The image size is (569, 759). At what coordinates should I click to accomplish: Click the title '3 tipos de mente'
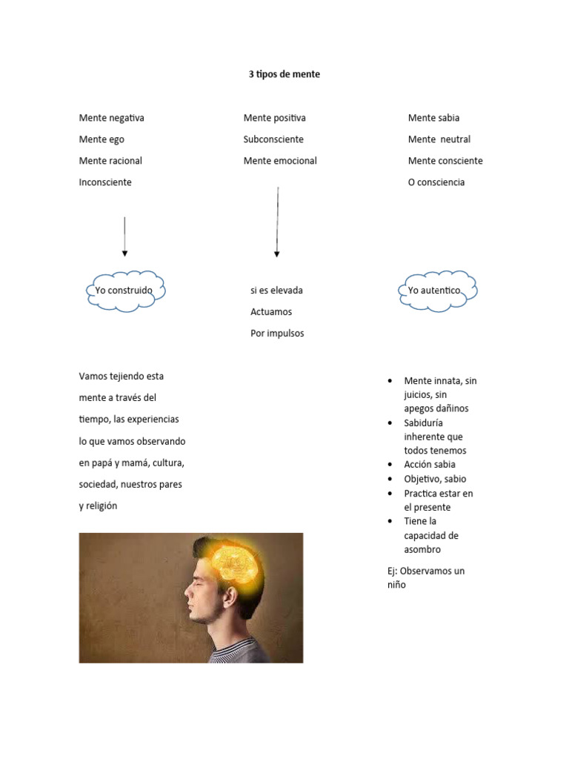pos(284,74)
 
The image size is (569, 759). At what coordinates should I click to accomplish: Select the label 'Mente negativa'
pos(111,118)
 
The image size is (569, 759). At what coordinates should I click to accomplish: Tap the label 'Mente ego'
pos(102,139)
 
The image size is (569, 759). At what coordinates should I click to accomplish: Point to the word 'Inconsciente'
pos(105,182)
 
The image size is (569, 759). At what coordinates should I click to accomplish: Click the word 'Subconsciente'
pos(273,139)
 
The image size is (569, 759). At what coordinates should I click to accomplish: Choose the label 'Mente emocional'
pos(280,161)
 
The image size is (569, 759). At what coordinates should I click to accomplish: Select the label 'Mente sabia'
pos(433,118)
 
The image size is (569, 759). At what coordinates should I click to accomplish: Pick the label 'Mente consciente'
pos(445,161)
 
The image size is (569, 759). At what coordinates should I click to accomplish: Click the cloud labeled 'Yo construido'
pos(124,291)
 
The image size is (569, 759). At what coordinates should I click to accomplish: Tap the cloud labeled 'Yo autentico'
pos(436,291)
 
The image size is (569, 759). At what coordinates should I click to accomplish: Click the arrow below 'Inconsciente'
pos(124,237)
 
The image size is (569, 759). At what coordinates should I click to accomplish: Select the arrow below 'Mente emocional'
pos(277,222)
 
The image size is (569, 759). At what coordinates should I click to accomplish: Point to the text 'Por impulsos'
pos(277,334)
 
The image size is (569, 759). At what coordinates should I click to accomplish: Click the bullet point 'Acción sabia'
pos(430,465)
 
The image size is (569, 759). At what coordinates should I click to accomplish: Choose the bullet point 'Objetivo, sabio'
pos(435,479)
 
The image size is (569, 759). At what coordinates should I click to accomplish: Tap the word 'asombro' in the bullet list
pos(422,550)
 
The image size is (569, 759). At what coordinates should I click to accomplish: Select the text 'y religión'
pos(99,506)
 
